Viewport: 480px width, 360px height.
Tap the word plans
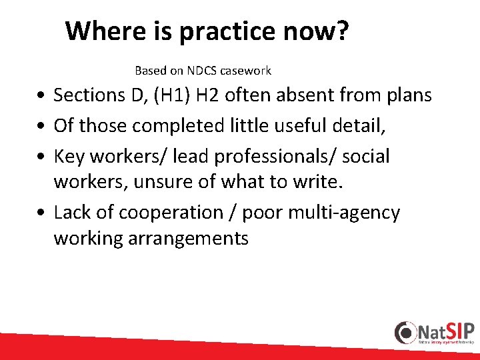coord(407,95)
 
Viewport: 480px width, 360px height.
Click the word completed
coord(176,126)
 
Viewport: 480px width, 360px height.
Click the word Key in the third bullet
coord(69,156)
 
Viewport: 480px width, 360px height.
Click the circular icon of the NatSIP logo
coord(405,332)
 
